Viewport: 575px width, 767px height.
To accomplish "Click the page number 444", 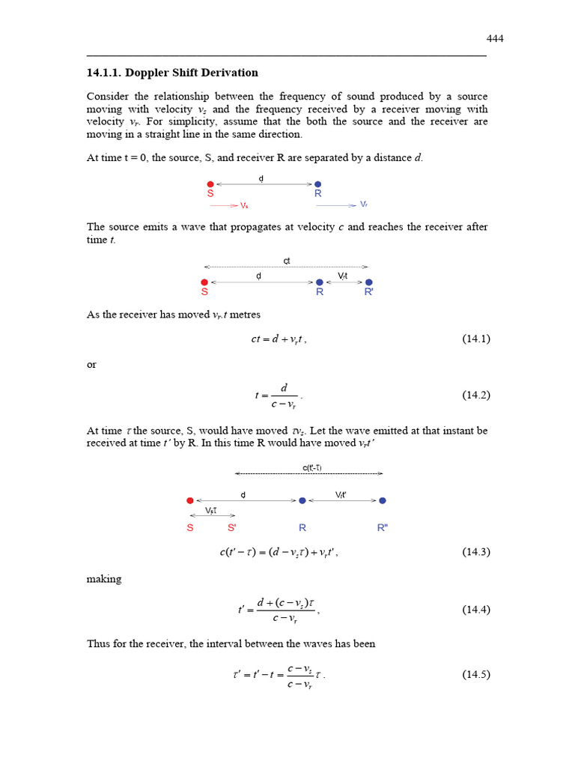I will coord(495,39).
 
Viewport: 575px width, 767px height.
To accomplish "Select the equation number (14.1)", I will coord(476,339).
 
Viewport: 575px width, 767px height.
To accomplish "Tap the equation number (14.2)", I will coord(476,395).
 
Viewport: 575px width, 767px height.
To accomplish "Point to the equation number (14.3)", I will coord(476,552).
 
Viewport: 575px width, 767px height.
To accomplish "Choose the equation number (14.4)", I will coord(476,610).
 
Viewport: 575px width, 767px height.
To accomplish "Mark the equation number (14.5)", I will coord(476,674).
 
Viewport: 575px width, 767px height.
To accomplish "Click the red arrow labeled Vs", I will coord(224,204).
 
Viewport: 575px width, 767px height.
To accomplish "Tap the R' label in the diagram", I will coord(369,292).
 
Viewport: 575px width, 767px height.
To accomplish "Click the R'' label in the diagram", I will coord(383,527).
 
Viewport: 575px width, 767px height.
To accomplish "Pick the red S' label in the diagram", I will coord(231,527).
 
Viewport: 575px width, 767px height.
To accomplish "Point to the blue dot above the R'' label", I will coord(383,500).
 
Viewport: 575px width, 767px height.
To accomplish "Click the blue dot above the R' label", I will coord(369,282).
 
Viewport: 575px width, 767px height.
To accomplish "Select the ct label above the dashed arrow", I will coord(286,261).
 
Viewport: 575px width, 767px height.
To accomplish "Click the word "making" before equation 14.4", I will coord(103,579).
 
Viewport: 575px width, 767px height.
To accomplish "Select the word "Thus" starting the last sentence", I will coord(99,643).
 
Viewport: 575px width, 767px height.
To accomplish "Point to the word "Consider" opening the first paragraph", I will coord(108,97).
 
